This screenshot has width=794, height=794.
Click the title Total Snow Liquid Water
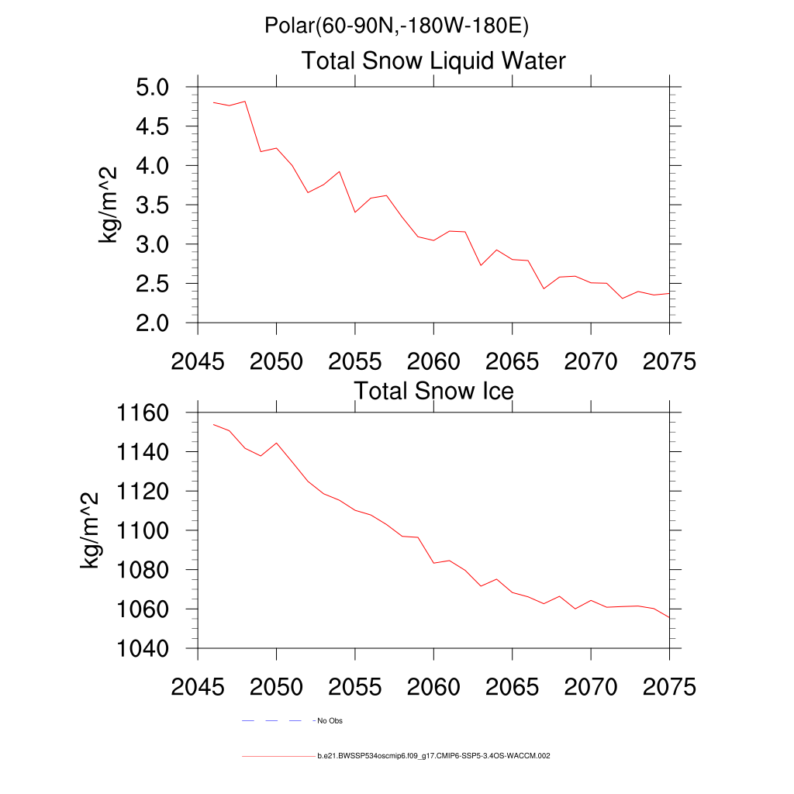pyautogui.click(x=433, y=60)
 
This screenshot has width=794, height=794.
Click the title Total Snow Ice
pyautogui.click(x=433, y=391)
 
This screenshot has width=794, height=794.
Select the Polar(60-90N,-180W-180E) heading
pyautogui.click(x=396, y=26)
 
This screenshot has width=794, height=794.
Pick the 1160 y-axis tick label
pyautogui.click(x=143, y=413)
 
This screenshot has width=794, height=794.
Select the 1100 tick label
pyautogui.click(x=143, y=530)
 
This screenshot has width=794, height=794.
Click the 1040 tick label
pyautogui.click(x=143, y=648)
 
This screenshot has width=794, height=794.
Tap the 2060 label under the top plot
pyautogui.click(x=433, y=361)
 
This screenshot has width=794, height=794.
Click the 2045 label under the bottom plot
pyautogui.click(x=198, y=687)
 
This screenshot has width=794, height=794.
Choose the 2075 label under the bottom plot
pyautogui.click(x=669, y=687)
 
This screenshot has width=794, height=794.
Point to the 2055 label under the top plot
pyautogui.click(x=354, y=361)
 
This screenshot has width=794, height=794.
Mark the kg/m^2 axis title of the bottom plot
pyautogui.click(x=91, y=530)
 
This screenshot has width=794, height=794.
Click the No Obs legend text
pyautogui.click(x=330, y=721)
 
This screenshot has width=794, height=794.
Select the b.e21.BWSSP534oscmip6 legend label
pyautogui.click(x=433, y=755)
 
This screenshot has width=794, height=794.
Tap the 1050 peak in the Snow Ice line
pyautogui.click(x=276, y=443)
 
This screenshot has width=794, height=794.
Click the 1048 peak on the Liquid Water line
pyautogui.click(x=245, y=101)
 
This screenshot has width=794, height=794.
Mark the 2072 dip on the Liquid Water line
pyautogui.click(x=622, y=299)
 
